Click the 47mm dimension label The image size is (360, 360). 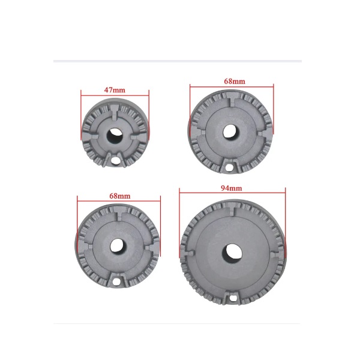(115, 90)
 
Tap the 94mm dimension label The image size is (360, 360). (232, 188)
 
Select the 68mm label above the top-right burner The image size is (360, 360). (235, 81)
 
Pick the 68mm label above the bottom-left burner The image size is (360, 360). (120, 196)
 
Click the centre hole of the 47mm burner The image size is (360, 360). (115, 136)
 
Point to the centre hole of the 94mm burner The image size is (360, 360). (232, 254)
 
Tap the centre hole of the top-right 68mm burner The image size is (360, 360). (231, 132)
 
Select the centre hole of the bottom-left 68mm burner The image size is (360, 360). (118, 245)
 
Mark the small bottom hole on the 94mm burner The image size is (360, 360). (233, 298)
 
